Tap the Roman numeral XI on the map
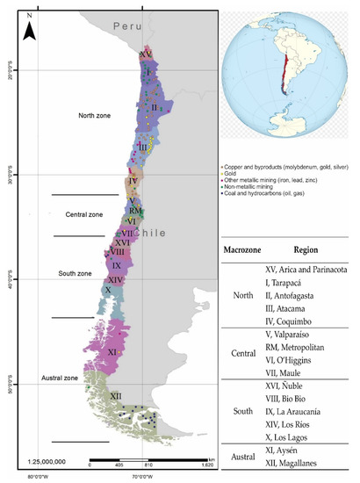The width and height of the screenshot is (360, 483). (x=112, y=351)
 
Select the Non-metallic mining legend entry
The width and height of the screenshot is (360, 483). (x=259, y=187)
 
